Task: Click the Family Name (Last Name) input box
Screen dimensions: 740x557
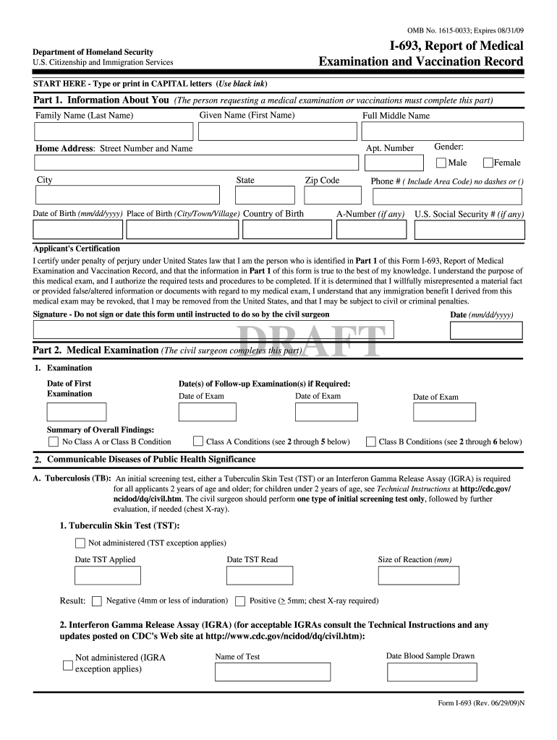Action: tap(114, 131)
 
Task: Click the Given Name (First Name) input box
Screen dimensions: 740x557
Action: tap(278, 131)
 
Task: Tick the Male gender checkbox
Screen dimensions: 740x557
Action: tap(441, 163)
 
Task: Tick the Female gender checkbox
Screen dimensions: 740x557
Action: tap(488, 163)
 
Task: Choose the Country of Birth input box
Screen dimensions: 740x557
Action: tap(286, 229)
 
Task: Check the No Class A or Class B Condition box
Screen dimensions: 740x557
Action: tap(54, 442)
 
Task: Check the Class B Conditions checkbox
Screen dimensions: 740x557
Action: tap(370, 442)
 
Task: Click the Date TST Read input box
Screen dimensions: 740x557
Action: tap(259, 575)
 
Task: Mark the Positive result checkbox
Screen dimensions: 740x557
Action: tap(240, 601)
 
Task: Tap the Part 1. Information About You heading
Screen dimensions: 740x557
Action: tap(101, 100)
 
